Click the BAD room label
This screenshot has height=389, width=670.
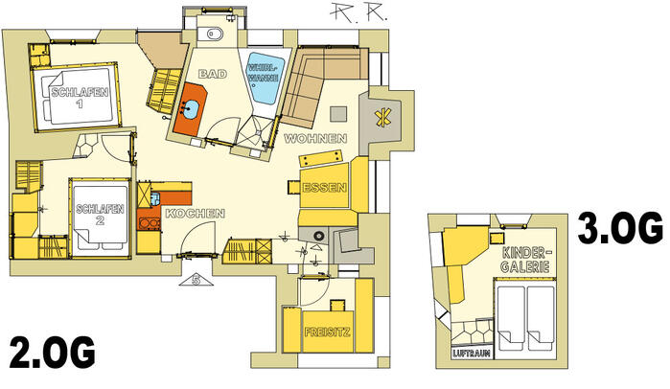[x=213, y=74]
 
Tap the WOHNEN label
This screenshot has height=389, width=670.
[x=315, y=138]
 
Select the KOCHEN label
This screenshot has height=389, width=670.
[x=195, y=214]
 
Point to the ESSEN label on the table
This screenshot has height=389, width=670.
[x=324, y=188]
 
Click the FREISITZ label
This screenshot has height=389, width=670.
[x=327, y=332]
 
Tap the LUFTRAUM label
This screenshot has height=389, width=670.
[x=472, y=354]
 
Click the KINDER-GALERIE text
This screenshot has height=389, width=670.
[x=524, y=260]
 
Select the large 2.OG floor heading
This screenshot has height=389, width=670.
[x=52, y=352]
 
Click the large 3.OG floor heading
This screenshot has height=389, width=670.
[x=620, y=228]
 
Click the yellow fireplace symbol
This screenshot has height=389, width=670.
[x=382, y=117]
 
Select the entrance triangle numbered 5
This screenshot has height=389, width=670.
[x=196, y=280]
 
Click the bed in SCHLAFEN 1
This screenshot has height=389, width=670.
[x=77, y=96]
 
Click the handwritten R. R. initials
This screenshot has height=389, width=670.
[x=358, y=11]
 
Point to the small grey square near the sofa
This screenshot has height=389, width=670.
[x=338, y=114]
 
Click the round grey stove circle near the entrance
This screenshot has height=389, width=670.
[x=318, y=236]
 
